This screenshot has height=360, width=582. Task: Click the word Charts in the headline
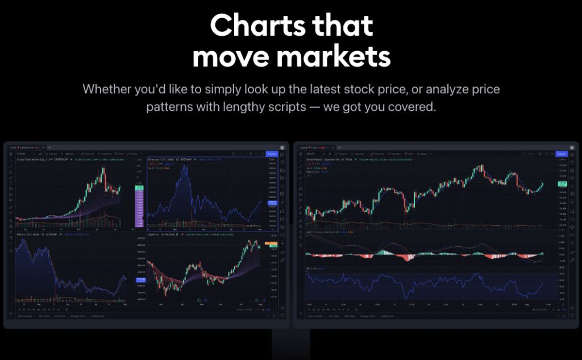pos(250,26)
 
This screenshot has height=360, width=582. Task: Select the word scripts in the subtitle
pos(286,106)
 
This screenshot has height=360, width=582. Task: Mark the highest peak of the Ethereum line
pos(181,167)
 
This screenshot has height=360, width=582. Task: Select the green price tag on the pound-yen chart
pos(562,184)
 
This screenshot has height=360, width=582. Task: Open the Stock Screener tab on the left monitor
pos(24,316)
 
